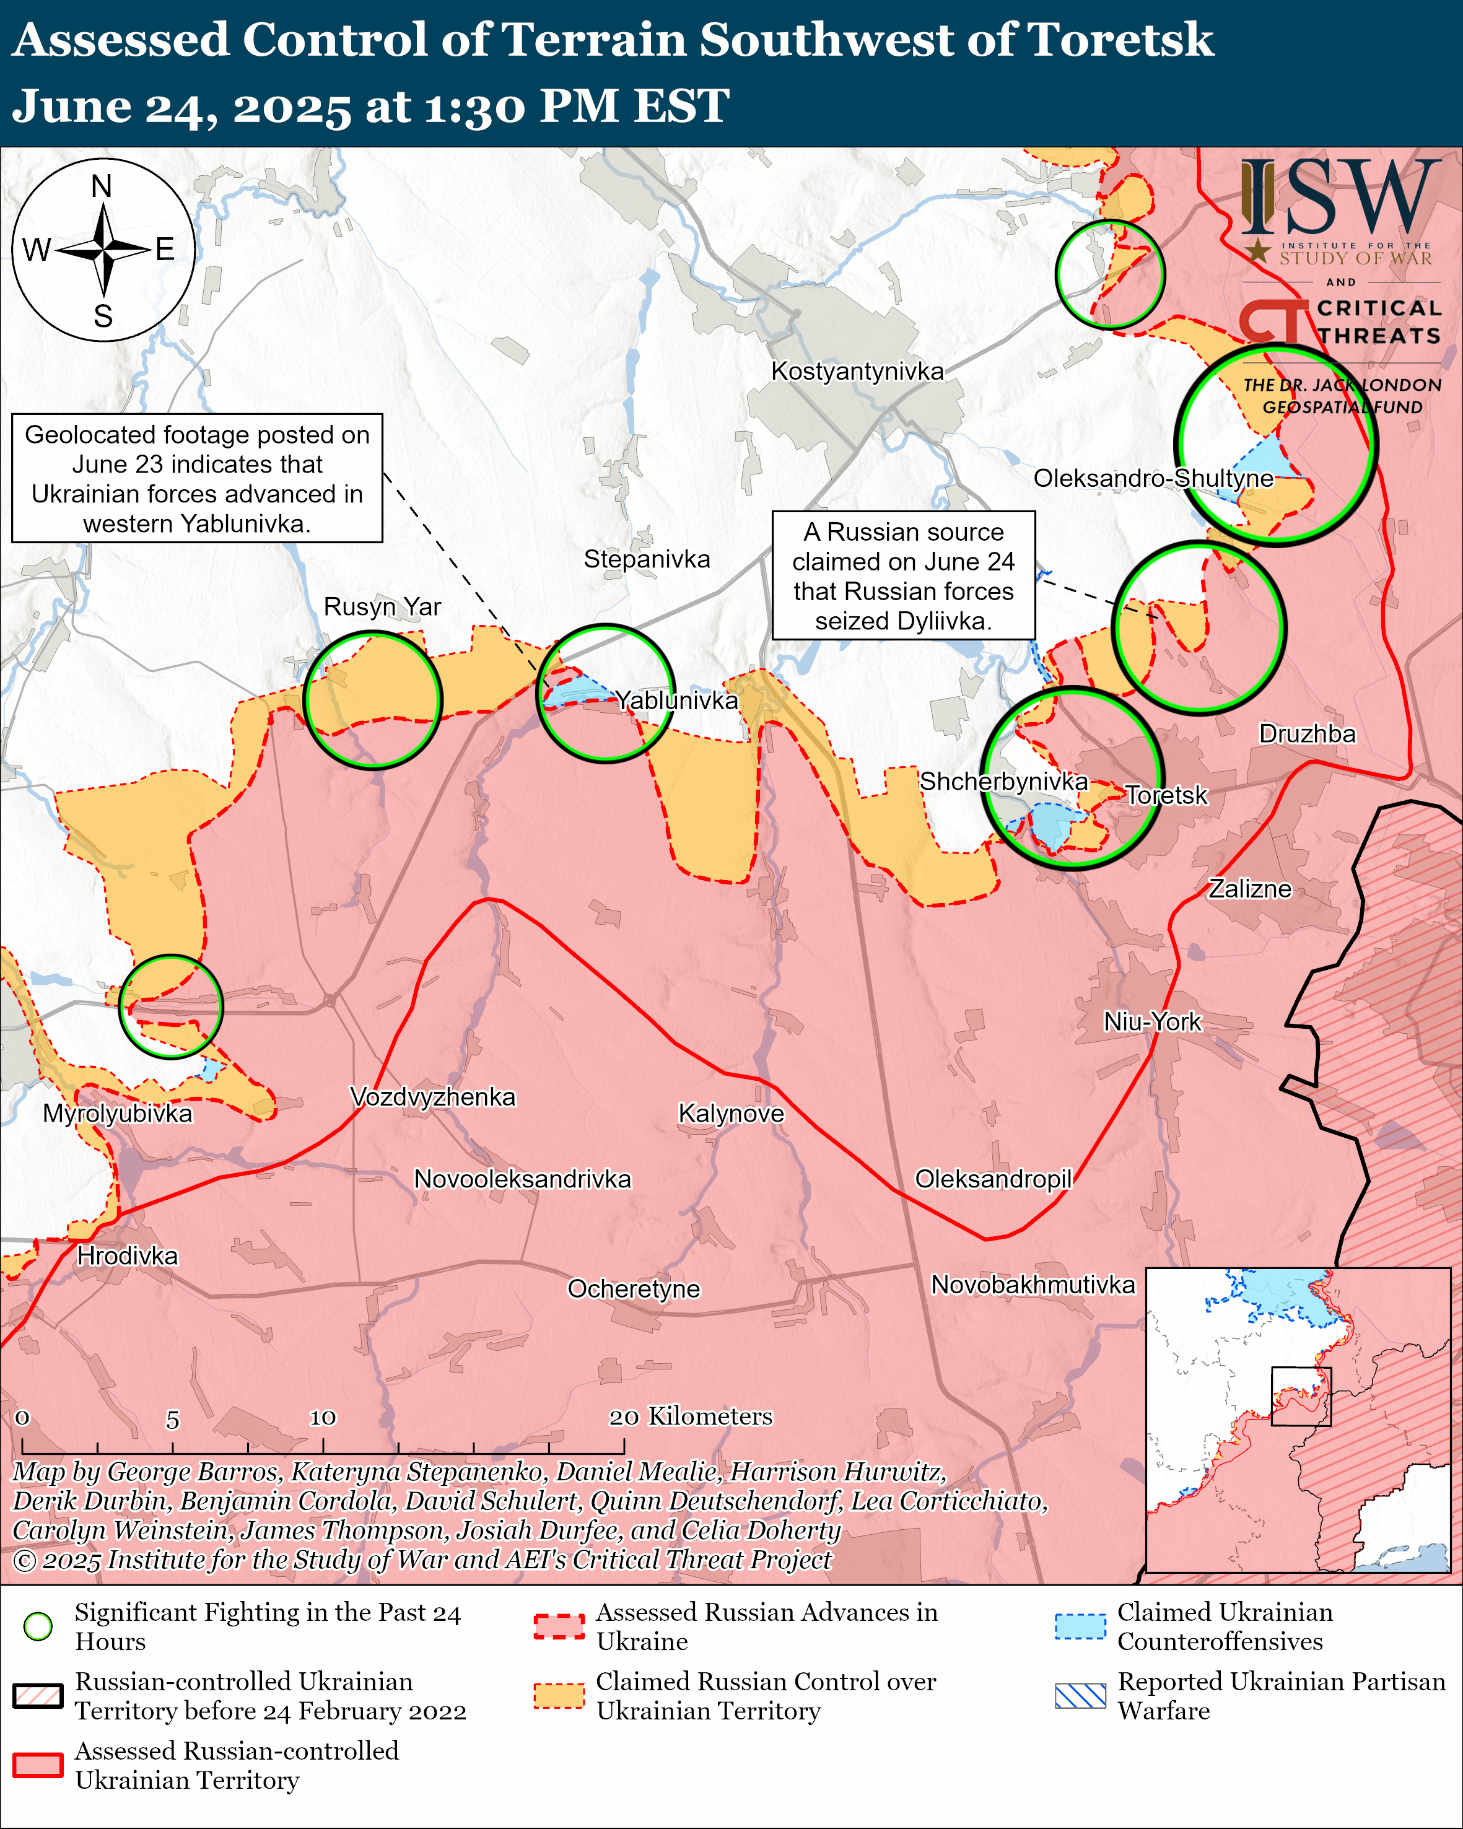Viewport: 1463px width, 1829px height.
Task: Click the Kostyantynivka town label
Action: pyautogui.click(x=857, y=372)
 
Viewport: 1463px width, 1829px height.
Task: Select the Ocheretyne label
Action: pyautogui.click(x=634, y=1289)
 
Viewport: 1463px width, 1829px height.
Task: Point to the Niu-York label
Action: pyautogui.click(x=1151, y=1021)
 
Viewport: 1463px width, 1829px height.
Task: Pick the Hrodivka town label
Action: pyautogui.click(x=127, y=1255)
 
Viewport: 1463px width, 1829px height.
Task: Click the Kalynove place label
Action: pyautogui.click(x=731, y=1113)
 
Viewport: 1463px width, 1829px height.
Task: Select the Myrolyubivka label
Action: pyautogui.click(x=118, y=1113)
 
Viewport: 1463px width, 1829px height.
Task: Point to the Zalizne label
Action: pyautogui.click(x=1249, y=889)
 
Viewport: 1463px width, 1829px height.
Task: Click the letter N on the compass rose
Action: pyautogui.click(x=102, y=186)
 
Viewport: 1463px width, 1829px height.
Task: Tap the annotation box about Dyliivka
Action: pyautogui.click(x=903, y=575)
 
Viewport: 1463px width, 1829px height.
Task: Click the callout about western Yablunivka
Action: pyautogui.click(x=197, y=478)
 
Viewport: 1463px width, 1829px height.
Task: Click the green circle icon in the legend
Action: pyautogui.click(x=37, y=1626)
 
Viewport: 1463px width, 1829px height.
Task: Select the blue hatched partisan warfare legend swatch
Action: pyautogui.click(x=1080, y=1696)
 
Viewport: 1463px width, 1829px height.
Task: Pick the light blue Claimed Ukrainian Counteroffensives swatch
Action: pyautogui.click(x=1080, y=1626)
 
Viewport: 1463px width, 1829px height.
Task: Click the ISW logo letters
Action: pyautogui.click(x=1340, y=198)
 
